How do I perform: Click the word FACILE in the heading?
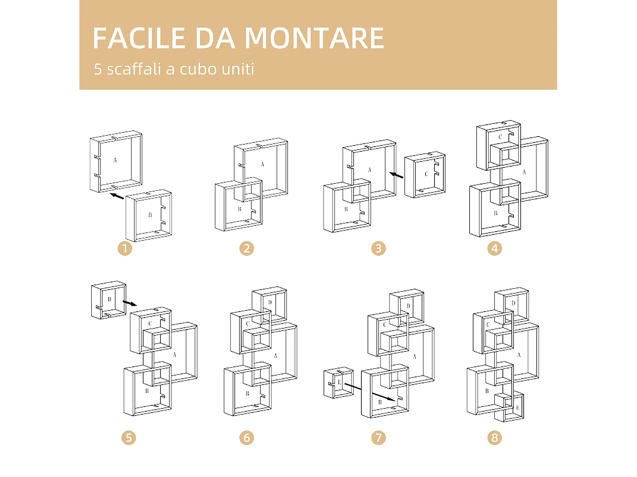point(139,38)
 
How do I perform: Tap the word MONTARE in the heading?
point(314,38)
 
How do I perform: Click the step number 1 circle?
point(125,248)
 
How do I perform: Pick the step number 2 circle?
point(247,248)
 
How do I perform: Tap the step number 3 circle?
point(378,248)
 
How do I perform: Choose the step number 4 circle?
point(494,248)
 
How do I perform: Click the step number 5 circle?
point(129,438)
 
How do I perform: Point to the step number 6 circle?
point(247,438)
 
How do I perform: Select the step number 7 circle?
point(378,438)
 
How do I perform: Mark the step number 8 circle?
point(494,438)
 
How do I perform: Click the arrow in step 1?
point(117,196)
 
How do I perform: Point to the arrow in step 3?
point(397,175)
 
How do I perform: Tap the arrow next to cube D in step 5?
point(130,303)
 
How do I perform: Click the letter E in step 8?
point(518,408)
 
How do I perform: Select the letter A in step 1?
point(115,160)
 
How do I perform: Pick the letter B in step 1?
point(150,215)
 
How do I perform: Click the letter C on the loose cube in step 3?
point(426,174)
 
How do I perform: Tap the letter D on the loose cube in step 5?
point(109,299)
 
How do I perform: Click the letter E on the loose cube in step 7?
point(339,382)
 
